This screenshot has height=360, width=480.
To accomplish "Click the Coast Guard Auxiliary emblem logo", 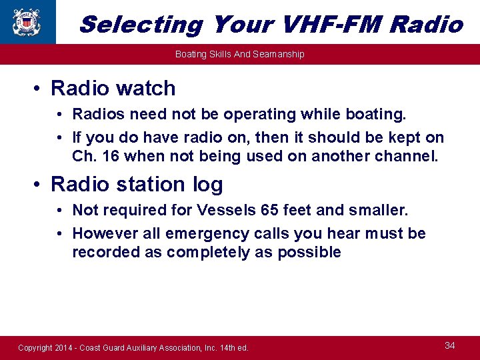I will coord(26,21).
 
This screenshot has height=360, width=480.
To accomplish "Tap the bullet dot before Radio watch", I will coord(41,89).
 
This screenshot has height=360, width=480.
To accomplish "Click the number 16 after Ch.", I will coord(112,157).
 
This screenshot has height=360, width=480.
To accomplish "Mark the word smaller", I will coord(375,211).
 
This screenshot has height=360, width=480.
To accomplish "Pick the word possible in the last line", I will coord(311,252).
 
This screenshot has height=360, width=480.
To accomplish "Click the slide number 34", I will coord(450,345).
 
